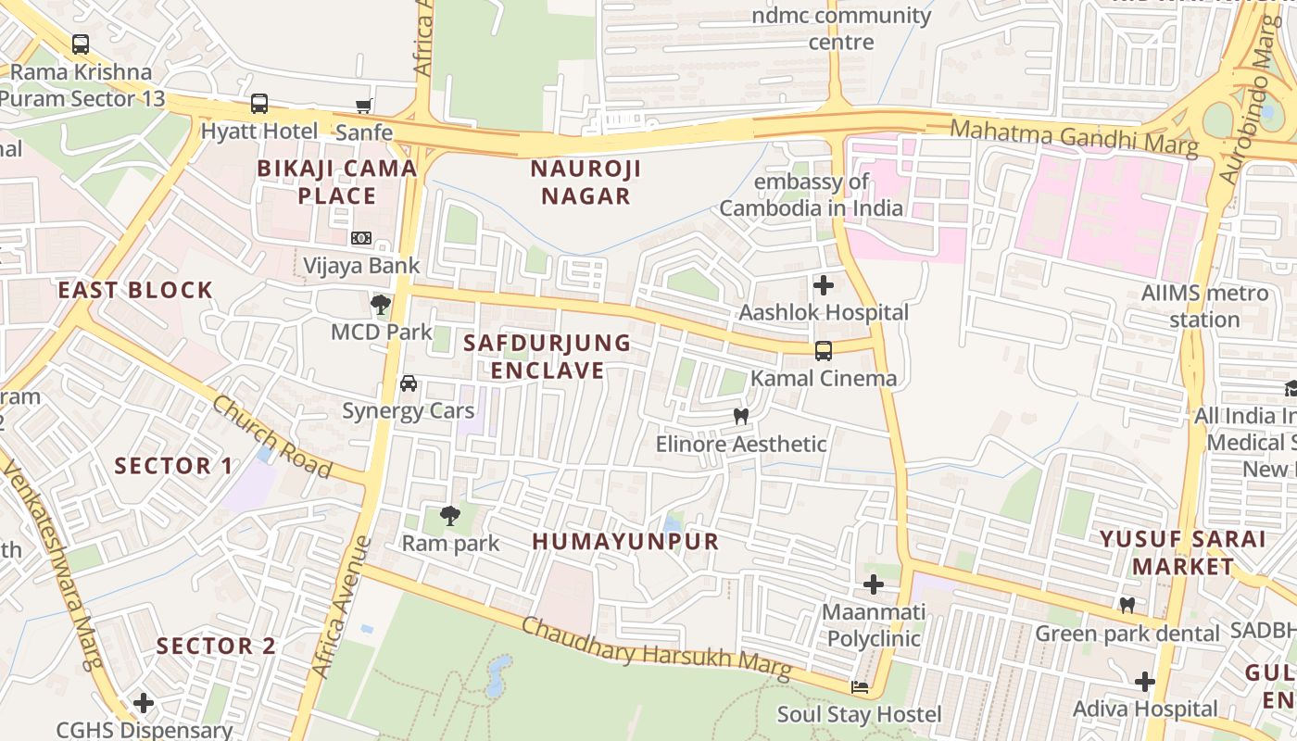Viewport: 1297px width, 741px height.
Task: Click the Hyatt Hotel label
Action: click(x=259, y=132)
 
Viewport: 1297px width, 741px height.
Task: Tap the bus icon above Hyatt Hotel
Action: click(x=259, y=104)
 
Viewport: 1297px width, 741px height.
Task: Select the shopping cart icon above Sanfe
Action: click(x=364, y=107)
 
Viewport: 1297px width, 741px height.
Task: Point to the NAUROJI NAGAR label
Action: click(x=586, y=182)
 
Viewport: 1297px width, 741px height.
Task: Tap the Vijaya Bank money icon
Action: click(x=361, y=239)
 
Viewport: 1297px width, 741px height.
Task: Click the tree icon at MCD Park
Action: click(x=380, y=304)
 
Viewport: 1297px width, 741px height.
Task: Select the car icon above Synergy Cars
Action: click(x=408, y=383)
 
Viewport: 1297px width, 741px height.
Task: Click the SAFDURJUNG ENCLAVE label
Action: click(x=547, y=357)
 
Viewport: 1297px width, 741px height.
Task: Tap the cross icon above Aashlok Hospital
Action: click(x=823, y=285)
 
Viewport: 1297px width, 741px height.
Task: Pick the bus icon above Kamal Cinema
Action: click(x=823, y=351)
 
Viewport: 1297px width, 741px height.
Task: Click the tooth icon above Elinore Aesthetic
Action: click(x=740, y=417)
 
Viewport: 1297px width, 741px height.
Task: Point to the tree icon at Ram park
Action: click(x=450, y=516)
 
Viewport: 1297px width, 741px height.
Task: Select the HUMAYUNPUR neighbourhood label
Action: click(x=625, y=542)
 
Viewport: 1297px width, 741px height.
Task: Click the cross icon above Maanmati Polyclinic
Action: click(x=873, y=584)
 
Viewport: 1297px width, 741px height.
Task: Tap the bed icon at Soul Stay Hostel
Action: click(x=860, y=687)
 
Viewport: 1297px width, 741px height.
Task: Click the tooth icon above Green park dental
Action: click(x=1127, y=606)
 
